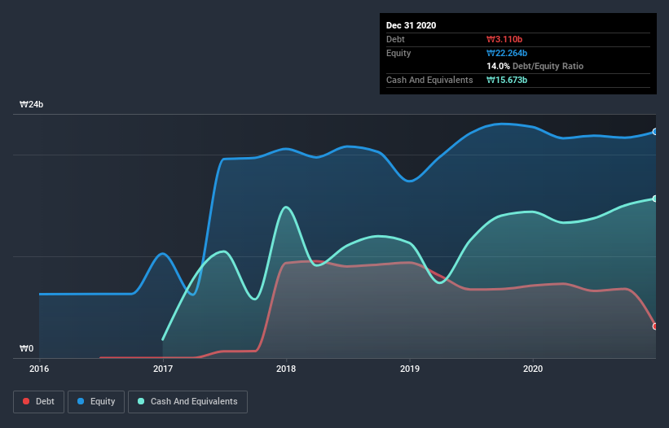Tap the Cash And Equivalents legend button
pyautogui.click(x=187, y=401)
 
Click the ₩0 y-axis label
pyautogui.click(x=27, y=349)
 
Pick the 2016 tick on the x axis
pyautogui.click(x=39, y=369)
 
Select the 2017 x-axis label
pyautogui.click(x=163, y=369)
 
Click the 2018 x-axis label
pyautogui.click(x=286, y=369)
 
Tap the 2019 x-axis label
pyautogui.click(x=410, y=369)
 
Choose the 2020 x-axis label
pyautogui.click(x=533, y=369)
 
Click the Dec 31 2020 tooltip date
pyautogui.click(x=411, y=25)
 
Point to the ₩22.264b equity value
pyautogui.click(x=508, y=53)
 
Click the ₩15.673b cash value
pyautogui.click(x=507, y=80)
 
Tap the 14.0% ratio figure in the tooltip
pyautogui.click(x=498, y=66)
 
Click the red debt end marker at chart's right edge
pyautogui.click(x=655, y=326)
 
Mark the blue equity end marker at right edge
pyautogui.click(x=655, y=132)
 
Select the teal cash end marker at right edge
pyautogui.click(x=655, y=199)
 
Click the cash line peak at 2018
pyautogui.click(x=285, y=207)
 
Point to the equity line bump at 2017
pyautogui.click(x=164, y=254)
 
